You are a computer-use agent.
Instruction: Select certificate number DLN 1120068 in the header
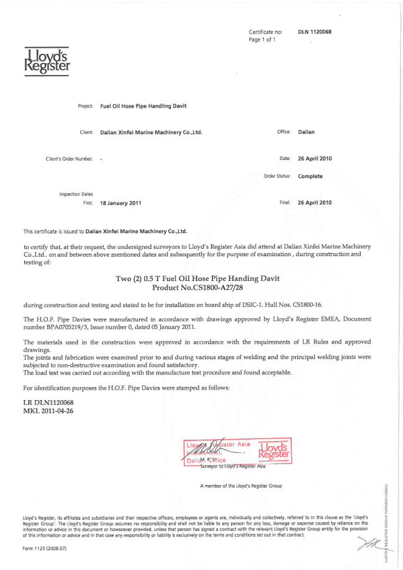pos(315,32)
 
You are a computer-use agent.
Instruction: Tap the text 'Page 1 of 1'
pos(263,39)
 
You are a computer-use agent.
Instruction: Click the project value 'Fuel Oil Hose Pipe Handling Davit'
pos(143,106)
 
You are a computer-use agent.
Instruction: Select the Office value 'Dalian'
pos(307,132)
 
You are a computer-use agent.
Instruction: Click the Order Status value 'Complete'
pos(310,176)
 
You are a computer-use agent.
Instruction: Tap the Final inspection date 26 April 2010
pos(315,203)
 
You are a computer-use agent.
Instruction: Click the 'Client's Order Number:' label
pos(69,159)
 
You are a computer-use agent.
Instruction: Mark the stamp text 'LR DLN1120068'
pos(45,404)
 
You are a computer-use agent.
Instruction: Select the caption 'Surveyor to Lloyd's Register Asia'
pos(234,465)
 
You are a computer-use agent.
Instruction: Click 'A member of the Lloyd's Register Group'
pos(240,486)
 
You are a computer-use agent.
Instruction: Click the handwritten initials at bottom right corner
pos(364,545)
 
